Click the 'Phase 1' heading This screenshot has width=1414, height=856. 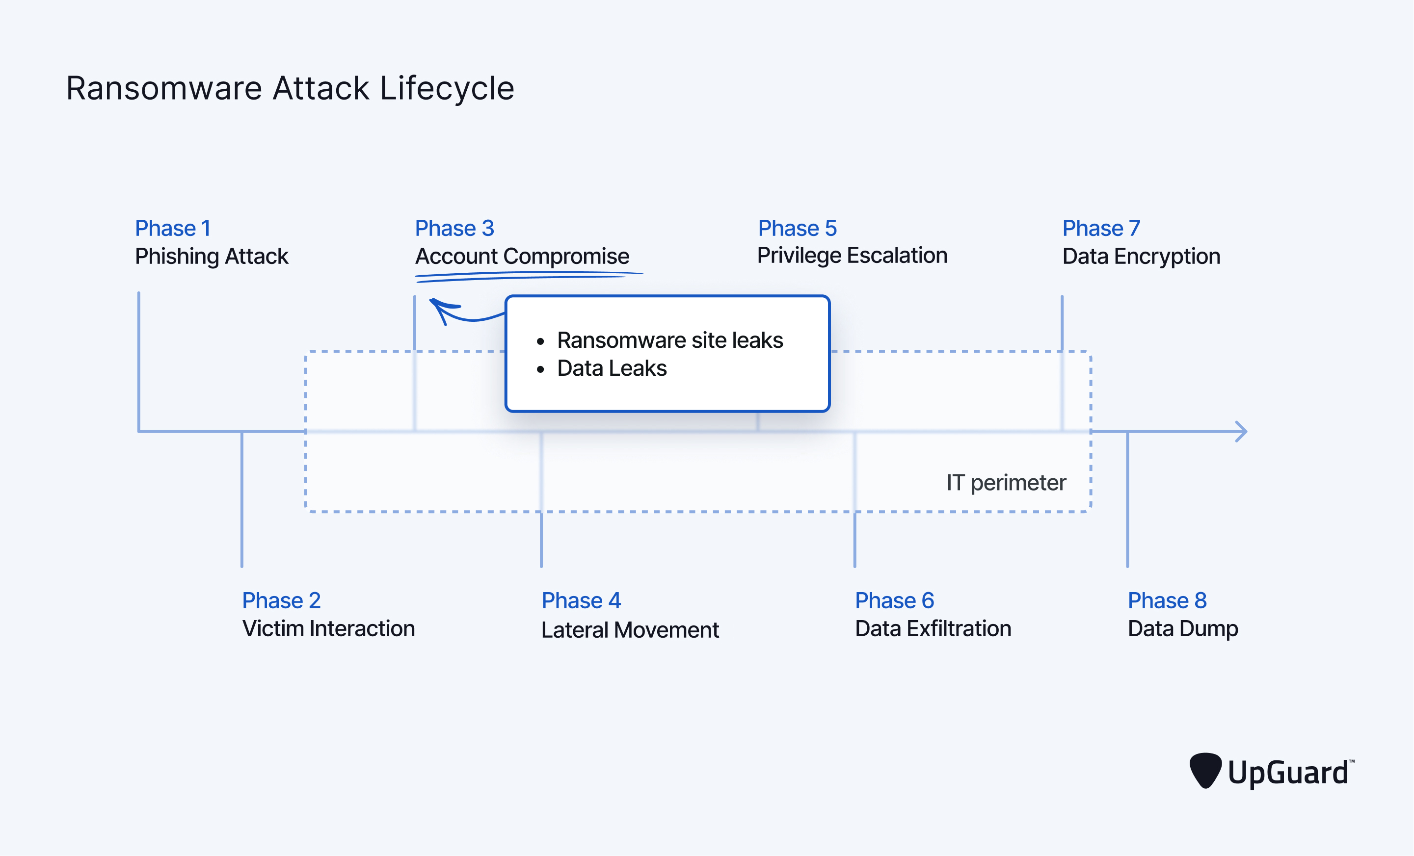173,228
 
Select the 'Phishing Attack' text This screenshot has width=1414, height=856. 211,256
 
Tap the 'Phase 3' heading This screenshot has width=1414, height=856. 454,228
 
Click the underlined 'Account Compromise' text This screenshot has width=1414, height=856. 522,256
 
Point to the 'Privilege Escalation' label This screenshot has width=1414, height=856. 852,255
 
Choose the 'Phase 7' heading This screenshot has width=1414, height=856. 1101,228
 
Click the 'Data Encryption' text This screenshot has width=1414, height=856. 1141,256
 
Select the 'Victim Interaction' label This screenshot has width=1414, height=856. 328,628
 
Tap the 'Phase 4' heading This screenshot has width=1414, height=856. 581,601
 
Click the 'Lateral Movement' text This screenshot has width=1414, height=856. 630,630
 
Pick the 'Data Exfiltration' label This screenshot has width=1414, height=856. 933,628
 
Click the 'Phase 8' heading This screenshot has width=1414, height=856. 1167,601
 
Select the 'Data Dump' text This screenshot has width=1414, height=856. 1182,628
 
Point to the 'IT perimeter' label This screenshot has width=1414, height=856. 1006,483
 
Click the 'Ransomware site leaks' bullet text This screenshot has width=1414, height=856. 669,340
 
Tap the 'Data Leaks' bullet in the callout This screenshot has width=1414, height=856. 611,368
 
